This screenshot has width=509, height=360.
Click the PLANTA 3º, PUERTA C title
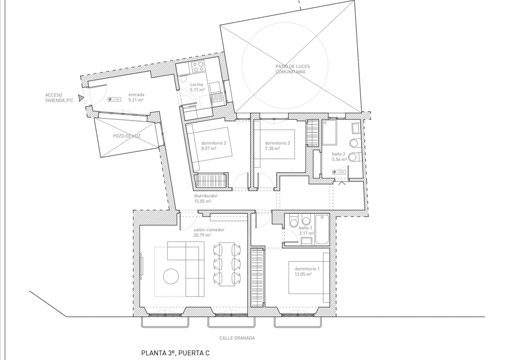coord(175,353)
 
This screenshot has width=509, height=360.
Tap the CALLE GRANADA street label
coord(237,338)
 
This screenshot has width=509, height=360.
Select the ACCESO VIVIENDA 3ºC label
coord(59,98)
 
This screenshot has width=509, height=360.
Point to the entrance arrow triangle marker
coord(80,97)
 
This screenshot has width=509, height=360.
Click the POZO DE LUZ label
coord(127,136)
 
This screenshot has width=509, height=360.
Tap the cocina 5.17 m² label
coord(197,87)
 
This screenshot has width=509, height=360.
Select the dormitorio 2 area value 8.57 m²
coord(208,148)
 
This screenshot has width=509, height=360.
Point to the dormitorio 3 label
coord(278,143)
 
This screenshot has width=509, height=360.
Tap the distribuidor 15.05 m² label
coord(206,198)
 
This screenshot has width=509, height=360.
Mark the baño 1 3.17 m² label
coord(306,230)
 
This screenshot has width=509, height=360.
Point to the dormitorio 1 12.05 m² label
coord(307,271)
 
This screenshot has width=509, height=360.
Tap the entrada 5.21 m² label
coord(135,97)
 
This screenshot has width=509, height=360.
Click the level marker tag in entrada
coord(114,99)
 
